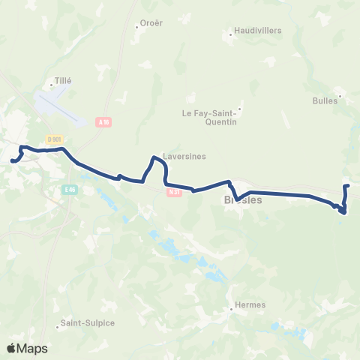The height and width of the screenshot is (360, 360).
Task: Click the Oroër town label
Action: [153, 24]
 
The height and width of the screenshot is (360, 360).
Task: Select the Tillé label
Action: [62, 79]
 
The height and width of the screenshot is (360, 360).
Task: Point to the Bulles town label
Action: [326, 100]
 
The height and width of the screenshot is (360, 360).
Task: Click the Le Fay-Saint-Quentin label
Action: [210, 117]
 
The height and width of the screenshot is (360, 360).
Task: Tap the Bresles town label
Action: [242, 201]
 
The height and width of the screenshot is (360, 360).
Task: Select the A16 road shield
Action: [103, 121]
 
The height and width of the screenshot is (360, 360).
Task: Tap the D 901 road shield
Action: [53, 139]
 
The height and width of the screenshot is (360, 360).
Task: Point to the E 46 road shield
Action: [70, 190]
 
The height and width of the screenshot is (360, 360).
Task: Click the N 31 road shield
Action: [174, 191]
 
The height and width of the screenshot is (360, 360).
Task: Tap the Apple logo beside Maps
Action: [12, 348]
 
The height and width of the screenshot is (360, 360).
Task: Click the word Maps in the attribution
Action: [33, 348]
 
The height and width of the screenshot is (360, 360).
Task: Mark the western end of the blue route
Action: [12, 159]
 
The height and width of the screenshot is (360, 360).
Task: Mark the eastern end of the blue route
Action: [346, 185]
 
